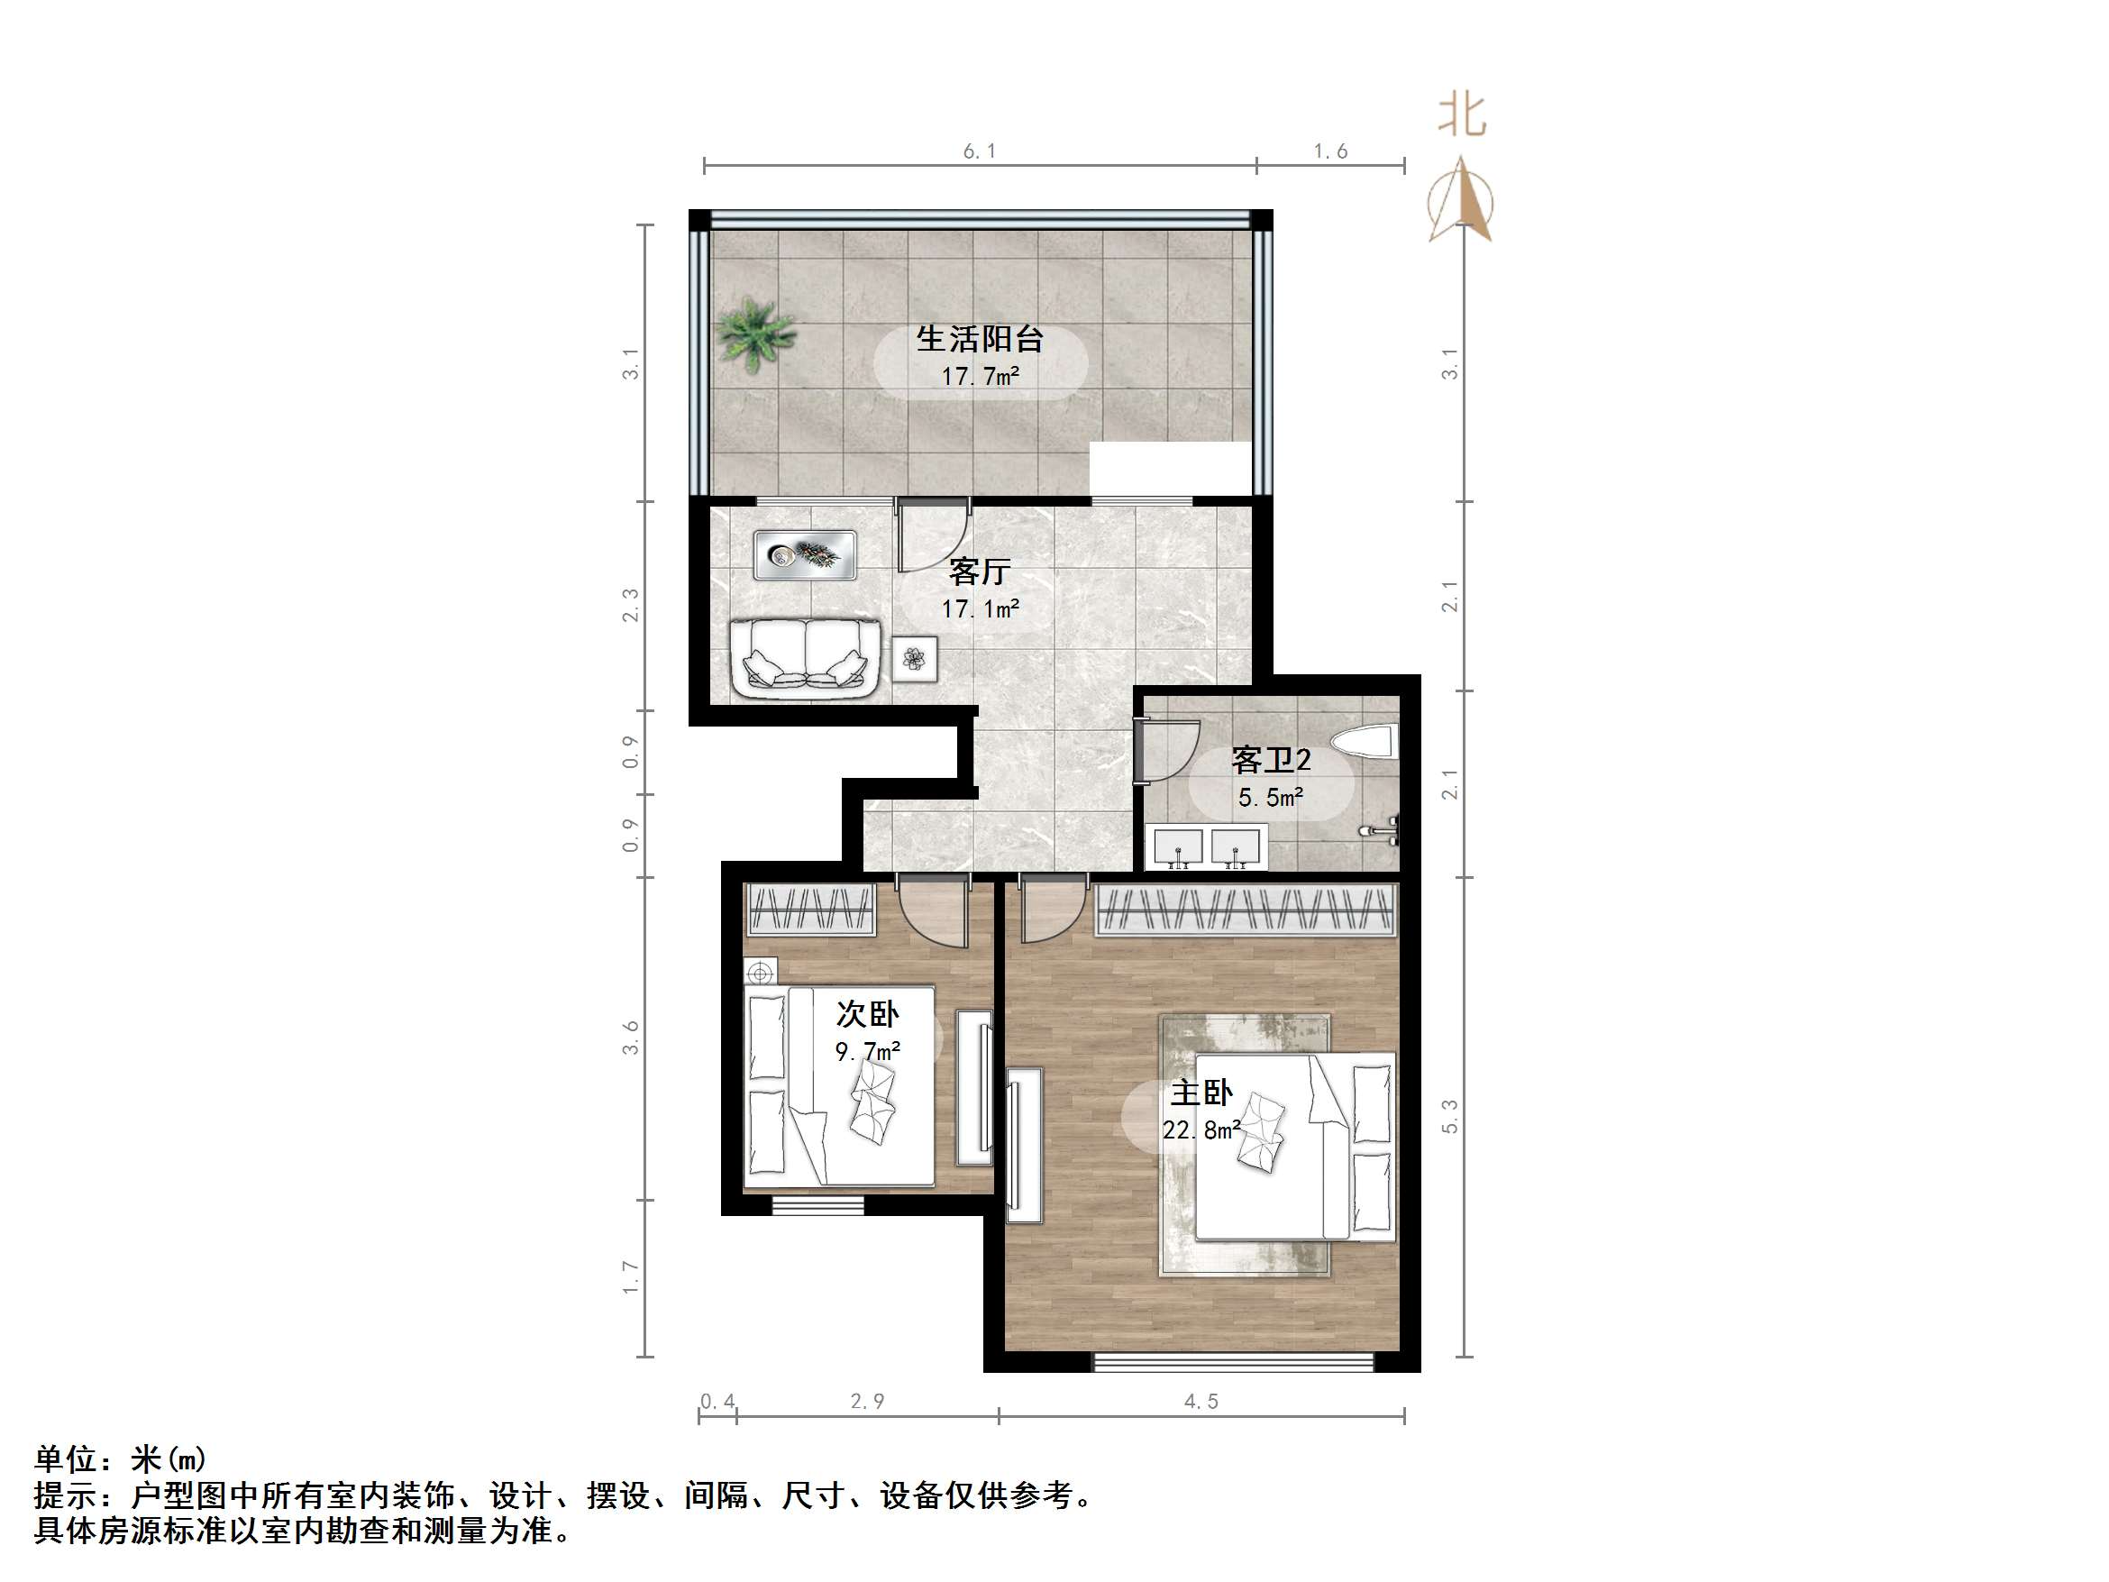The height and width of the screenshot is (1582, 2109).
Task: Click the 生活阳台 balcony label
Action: tap(979, 339)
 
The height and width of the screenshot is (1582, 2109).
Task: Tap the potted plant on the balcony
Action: tap(754, 333)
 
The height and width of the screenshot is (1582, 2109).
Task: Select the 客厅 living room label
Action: tap(979, 572)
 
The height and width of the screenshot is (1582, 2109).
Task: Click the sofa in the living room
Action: tap(805, 657)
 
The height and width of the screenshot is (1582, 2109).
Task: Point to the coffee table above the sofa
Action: tap(805, 555)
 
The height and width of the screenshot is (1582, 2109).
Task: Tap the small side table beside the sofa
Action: tap(914, 658)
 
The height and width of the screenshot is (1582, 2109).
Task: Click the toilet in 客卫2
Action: tap(1365, 743)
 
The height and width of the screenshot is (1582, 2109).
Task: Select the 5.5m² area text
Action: tap(1270, 797)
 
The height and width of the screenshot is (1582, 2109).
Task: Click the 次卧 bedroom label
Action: tap(868, 1014)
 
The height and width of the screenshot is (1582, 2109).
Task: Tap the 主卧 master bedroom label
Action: tap(1201, 1093)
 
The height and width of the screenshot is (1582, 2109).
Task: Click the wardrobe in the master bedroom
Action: tap(1246, 910)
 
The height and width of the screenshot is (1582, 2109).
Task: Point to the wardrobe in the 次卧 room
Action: tap(811, 909)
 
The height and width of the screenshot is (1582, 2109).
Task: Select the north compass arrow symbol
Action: tap(1462, 203)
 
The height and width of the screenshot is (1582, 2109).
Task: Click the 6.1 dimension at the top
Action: tap(979, 151)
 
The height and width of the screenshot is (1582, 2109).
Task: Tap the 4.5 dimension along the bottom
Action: tap(1201, 1401)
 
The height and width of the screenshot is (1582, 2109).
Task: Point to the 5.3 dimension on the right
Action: tap(1450, 1116)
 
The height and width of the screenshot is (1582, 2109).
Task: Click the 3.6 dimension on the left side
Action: tap(630, 1038)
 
